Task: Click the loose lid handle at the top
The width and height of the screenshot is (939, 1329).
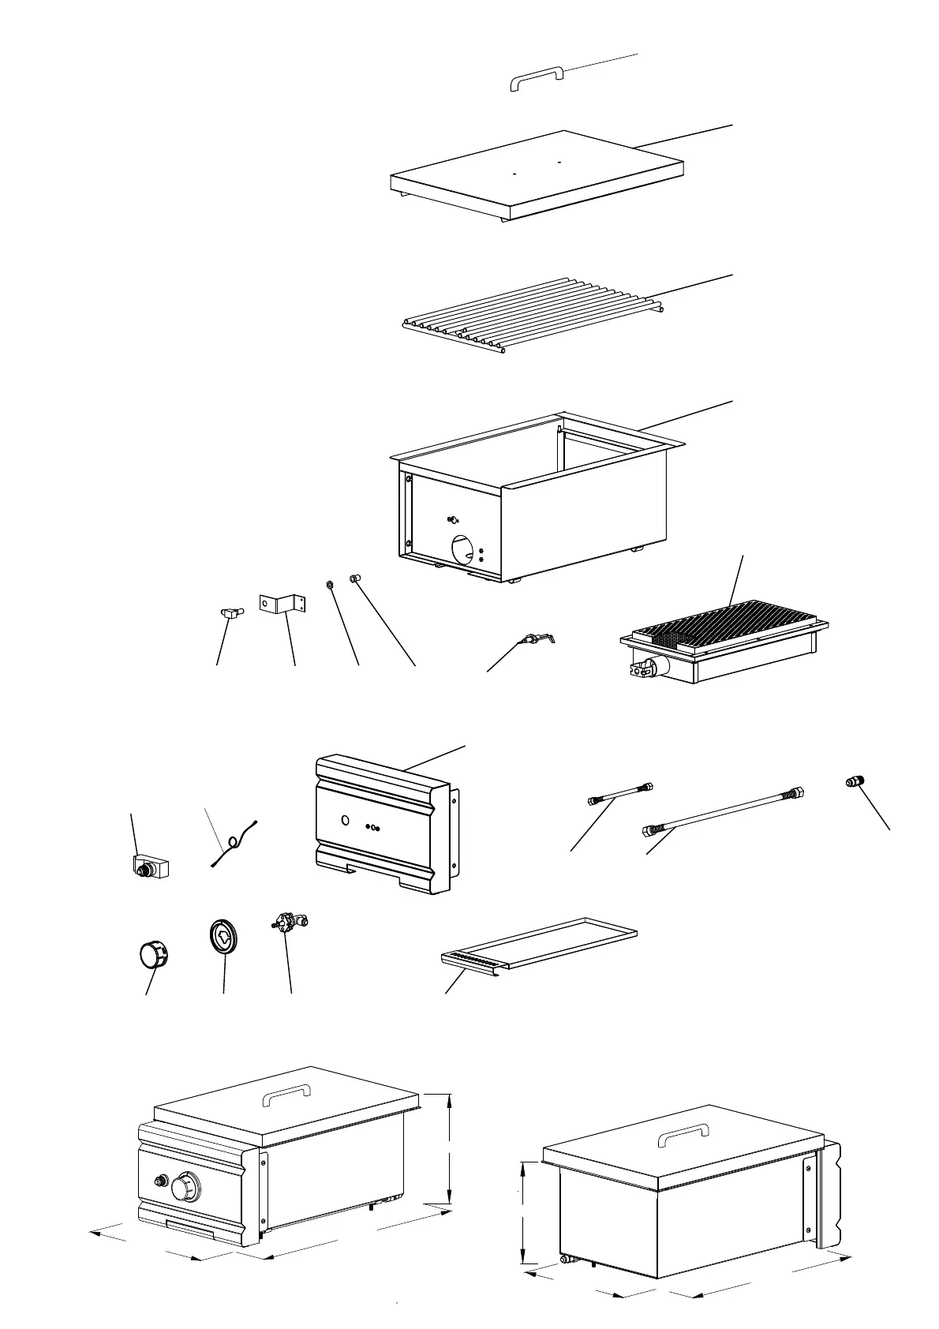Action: [x=537, y=77]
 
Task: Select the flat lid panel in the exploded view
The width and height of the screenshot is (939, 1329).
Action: [x=537, y=175]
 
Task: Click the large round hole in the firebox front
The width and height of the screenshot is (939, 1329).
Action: [x=464, y=546]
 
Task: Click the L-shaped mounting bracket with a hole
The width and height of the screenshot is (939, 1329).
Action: [x=282, y=603]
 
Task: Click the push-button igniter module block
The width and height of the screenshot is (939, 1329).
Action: [x=152, y=867]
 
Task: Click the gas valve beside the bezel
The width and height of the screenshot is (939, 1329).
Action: [x=290, y=922]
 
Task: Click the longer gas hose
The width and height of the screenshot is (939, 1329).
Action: [x=722, y=811]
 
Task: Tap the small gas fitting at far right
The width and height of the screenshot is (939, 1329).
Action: [x=853, y=782]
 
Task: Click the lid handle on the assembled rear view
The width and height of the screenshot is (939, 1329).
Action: [x=683, y=1136]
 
